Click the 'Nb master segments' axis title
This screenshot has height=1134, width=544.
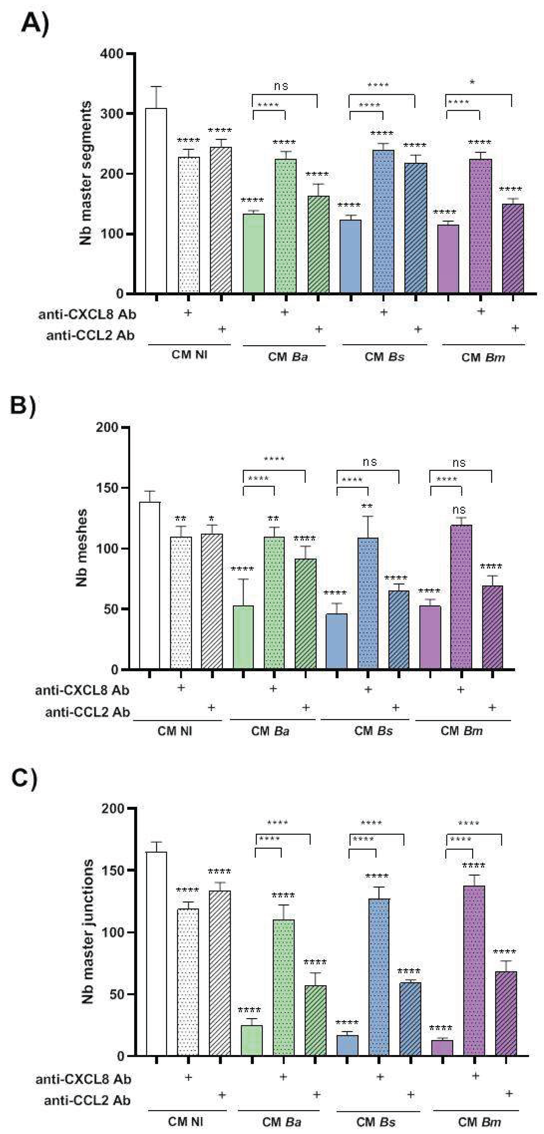86,173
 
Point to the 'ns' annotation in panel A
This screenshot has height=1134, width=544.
281,86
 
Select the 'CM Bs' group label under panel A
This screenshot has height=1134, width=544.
384,357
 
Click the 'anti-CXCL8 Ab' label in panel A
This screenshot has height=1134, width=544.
87,314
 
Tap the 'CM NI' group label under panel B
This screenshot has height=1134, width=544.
175,731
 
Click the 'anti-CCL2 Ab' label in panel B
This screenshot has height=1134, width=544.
87,712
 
